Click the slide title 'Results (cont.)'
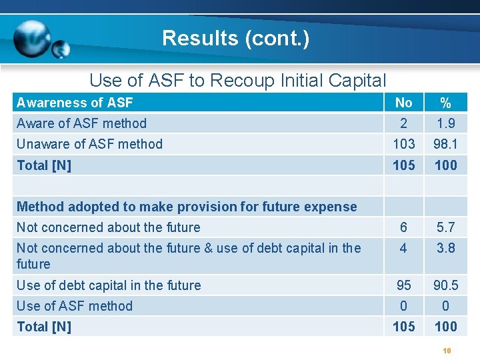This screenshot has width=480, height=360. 235,38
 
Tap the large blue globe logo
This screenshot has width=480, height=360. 32,38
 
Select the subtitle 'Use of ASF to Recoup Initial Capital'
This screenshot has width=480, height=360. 237,81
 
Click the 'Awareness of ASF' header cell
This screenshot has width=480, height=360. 75,102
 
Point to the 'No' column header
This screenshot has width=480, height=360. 403,102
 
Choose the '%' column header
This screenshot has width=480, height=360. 445,103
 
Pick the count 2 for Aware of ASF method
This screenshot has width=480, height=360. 403,123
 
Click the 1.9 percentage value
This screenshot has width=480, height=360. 445,123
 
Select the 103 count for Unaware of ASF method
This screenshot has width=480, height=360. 403,144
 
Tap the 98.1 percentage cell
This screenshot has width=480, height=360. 445,144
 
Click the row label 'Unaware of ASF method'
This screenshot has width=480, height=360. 89,144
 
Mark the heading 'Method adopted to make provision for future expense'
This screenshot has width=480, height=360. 187,207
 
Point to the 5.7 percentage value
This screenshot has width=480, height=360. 445,227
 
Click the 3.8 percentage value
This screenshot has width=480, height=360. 445,248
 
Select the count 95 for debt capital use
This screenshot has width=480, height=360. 403,285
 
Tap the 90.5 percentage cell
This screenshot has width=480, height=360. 445,285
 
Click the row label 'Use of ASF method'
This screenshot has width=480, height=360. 75,306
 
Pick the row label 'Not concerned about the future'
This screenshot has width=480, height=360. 108,227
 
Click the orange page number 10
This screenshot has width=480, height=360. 447,350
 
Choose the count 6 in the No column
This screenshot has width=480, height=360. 403,227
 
